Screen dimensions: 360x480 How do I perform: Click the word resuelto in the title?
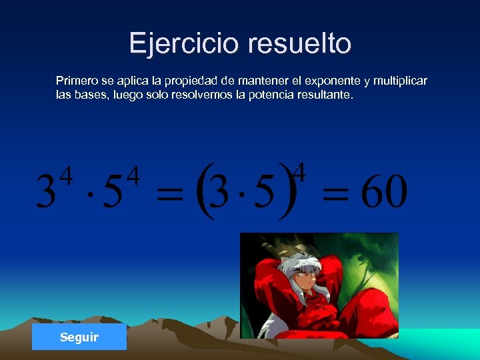pyautogui.click(x=299, y=43)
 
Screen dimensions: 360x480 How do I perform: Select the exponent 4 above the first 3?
pyautogui.click(x=66, y=177)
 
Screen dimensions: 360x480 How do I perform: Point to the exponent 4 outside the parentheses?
pyautogui.click(x=299, y=172)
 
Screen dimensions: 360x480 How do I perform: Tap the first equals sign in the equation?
pyautogui.click(x=169, y=196)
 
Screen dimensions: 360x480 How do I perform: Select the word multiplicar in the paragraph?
pyautogui.click(x=400, y=81)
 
